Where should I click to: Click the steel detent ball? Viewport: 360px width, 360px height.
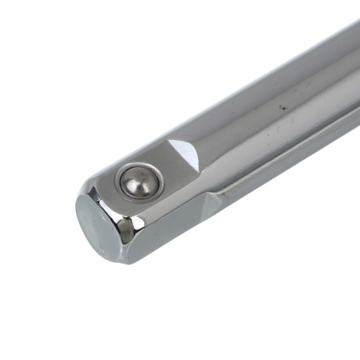tap(139, 182)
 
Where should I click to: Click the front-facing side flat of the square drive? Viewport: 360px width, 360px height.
tap(168, 227)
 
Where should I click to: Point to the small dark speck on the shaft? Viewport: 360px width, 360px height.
tap(276, 103)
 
